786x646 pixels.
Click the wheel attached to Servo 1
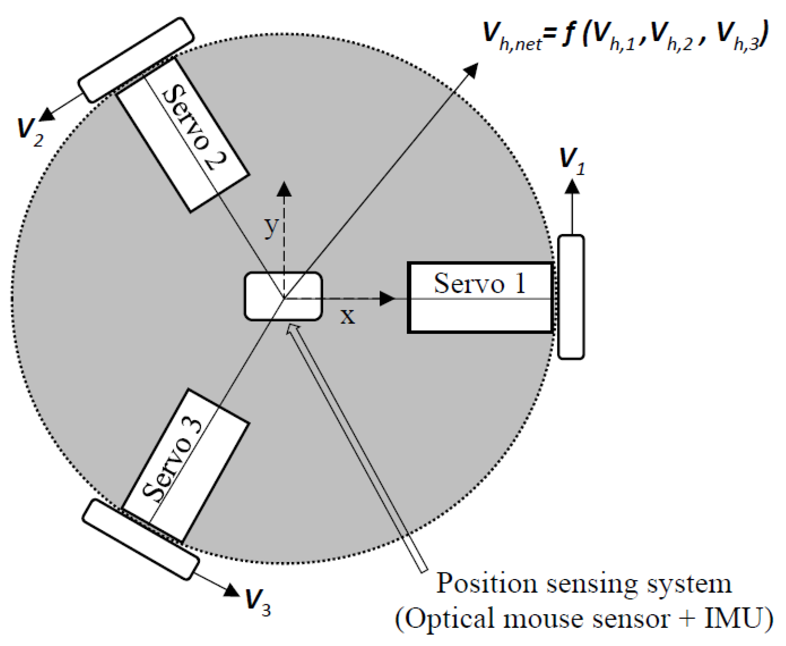[x=571, y=297]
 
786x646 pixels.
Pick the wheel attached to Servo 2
[x=136, y=60]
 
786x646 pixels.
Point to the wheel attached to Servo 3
[x=141, y=539]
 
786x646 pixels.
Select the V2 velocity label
[x=30, y=132]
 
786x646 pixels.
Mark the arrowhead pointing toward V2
[x=47, y=114]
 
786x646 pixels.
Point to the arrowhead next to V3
[x=232, y=590]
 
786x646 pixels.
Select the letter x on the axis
[x=347, y=316]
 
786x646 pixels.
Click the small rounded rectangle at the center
[x=283, y=296]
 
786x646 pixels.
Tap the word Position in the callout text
[x=486, y=583]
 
